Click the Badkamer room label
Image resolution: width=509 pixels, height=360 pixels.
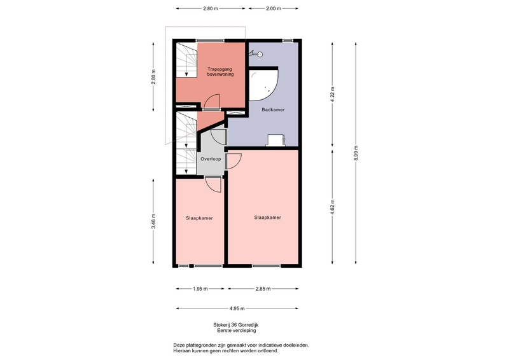tap(273, 110)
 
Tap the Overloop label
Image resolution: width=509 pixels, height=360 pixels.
tap(211, 159)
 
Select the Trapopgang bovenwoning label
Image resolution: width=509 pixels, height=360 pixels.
tap(220, 72)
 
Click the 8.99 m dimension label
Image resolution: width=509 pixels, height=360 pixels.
tap(356, 153)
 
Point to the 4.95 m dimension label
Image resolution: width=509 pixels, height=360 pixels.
tap(237, 308)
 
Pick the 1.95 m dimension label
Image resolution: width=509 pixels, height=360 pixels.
tap(200, 289)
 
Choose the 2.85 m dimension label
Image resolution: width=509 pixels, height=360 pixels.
tap(263, 289)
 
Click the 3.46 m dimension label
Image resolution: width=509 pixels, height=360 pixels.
tap(153, 221)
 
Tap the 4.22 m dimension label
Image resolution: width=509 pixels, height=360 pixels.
tap(332, 95)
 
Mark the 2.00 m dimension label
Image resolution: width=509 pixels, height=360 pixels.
tap(274, 9)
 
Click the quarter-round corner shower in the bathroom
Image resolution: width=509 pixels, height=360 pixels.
tap(262, 85)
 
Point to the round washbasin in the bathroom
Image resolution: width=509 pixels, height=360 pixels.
tap(259, 54)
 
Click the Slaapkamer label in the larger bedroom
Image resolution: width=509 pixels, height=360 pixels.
tap(267, 218)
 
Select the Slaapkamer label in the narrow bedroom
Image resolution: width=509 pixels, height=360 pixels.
tap(199, 218)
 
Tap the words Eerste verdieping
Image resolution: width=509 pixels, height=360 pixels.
tap(237, 331)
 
